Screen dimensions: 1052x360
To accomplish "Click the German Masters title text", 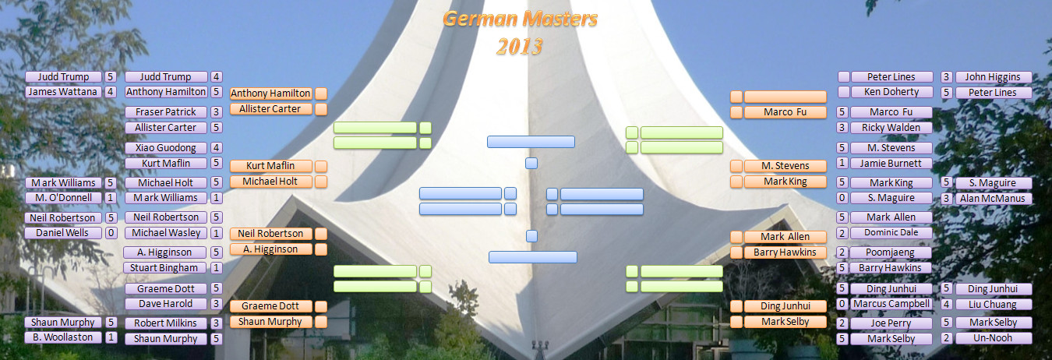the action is click(520, 19).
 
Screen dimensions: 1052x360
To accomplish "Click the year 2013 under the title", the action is click(520, 47).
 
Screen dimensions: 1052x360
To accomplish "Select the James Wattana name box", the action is click(63, 92).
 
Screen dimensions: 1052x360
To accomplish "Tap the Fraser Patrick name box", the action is click(166, 112).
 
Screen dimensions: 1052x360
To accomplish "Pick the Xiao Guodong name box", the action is click(166, 148).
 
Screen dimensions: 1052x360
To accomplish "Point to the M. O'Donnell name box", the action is click(63, 198).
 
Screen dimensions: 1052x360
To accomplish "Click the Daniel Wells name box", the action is click(63, 233).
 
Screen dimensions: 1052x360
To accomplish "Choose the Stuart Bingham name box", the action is click(165, 268).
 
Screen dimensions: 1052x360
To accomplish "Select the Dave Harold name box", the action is click(166, 304).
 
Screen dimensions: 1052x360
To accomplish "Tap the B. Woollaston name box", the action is click(63, 337).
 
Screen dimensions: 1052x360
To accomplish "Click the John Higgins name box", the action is click(993, 77).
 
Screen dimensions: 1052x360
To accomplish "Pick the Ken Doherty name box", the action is click(891, 92).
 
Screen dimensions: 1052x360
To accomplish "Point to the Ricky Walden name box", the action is click(891, 128).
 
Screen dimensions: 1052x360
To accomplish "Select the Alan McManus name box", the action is click(993, 199).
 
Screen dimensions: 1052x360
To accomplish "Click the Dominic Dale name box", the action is click(891, 233).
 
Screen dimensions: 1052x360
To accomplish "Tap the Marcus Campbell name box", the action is click(891, 304).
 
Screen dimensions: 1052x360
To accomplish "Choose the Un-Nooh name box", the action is click(993, 338).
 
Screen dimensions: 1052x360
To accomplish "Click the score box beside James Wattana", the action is click(111, 92).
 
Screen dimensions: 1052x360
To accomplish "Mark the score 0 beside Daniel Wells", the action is click(111, 233).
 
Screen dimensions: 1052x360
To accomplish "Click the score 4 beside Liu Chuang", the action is click(946, 305).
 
